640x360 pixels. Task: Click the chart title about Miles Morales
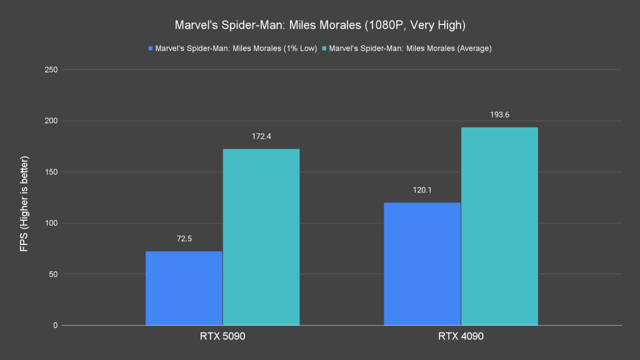(320, 26)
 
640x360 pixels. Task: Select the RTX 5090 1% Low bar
(184, 288)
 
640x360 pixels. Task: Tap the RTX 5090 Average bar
(261, 237)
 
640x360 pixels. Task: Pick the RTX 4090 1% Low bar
(422, 264)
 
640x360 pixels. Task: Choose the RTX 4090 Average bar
(499, 226)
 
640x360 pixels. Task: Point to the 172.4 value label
(261, 137)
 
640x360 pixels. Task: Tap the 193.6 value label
(499, 115)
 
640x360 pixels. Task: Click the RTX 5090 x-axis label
(222, 337)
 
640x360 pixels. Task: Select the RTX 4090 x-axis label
(461, 337)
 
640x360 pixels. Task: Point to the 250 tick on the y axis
(51, 69)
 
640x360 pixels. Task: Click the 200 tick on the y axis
(51, 121)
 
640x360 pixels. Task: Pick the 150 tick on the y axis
(51, 172)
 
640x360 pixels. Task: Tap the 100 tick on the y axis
(51, 223)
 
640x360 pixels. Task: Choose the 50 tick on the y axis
(53, 274)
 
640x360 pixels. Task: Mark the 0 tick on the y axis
(56, 326)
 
